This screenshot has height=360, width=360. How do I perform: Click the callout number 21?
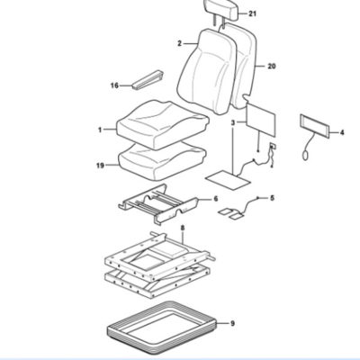pos(253,13)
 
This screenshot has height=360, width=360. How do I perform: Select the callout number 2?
pos(179,44)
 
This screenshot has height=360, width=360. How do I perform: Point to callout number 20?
pos(272,66)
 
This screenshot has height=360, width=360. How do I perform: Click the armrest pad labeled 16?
pos(148,80)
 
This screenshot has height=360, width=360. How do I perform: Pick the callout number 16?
pos(114,85)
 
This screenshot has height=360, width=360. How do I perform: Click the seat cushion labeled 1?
pos(162,124)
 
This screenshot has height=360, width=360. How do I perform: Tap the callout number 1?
pos(100,130)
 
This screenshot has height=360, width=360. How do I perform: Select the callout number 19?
pos(100,165)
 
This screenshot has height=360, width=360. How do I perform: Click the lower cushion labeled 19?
pos(162,161)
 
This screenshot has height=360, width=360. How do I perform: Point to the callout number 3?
pos(233,122)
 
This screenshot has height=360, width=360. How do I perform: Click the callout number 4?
pos(342,132)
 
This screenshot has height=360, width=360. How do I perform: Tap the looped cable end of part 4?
pos(305,155)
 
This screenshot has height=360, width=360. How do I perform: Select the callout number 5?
pos(272,198)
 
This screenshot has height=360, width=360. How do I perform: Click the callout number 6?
pos(216,199)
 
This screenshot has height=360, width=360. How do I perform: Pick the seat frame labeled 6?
pos(158,204)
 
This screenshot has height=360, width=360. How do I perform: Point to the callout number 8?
pos(183,229)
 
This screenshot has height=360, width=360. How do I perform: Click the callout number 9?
pos(232,323)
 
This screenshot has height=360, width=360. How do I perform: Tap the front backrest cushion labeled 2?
pos(207,71)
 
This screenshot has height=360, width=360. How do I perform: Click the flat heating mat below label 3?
pos(228,180)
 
